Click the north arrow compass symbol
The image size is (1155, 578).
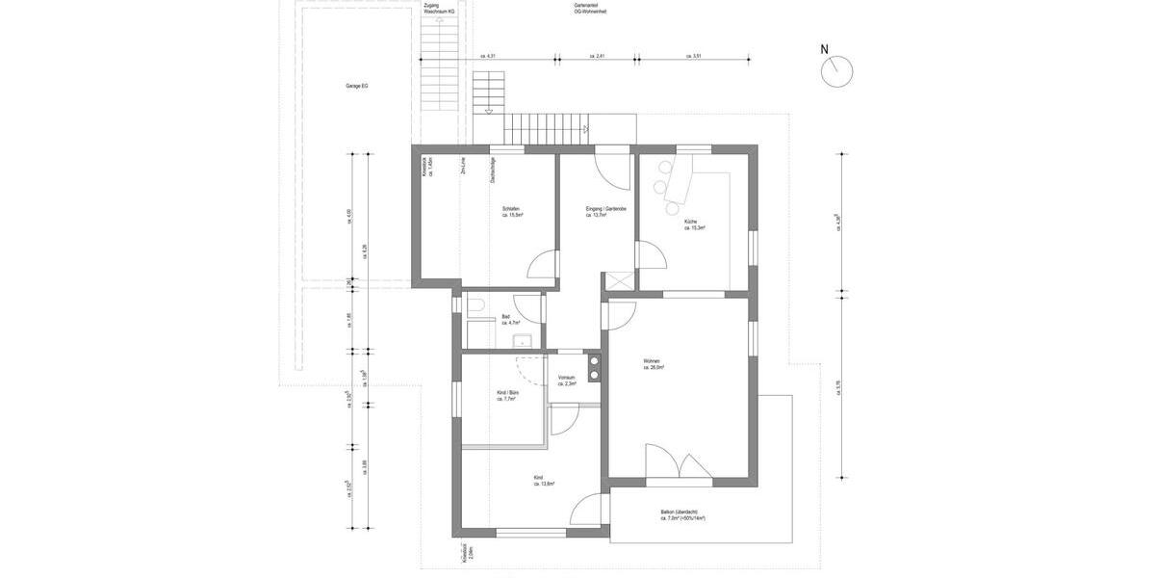click(837, 70)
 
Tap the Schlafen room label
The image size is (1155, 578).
click(511, 212)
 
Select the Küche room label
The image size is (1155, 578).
click(694, 224)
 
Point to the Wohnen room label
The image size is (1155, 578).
click(652, 364)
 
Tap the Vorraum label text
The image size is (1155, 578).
click(566, 380)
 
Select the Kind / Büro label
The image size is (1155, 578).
click(506, 395)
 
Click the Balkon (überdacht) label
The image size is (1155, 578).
click(682, 514)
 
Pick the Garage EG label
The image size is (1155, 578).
click(357, 86)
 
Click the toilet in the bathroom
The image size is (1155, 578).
click(477, 307)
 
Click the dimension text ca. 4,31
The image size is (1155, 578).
click(488, 57)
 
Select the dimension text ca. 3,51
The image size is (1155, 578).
click(693, 57)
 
